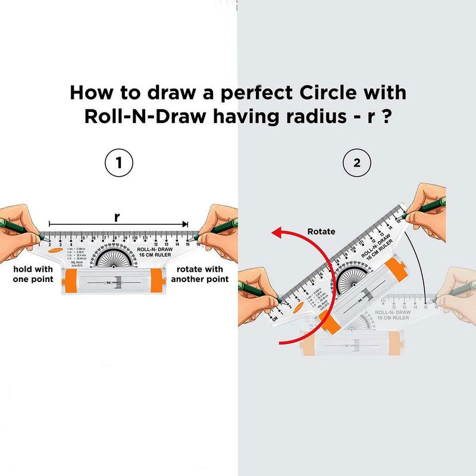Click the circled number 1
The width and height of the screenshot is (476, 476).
point(118,163)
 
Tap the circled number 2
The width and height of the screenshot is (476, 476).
point(357,163)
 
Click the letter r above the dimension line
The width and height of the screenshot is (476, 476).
point(117,218)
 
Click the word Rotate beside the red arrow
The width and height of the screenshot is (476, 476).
point(321,231)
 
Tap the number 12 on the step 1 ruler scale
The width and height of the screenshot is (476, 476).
point(156,243)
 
